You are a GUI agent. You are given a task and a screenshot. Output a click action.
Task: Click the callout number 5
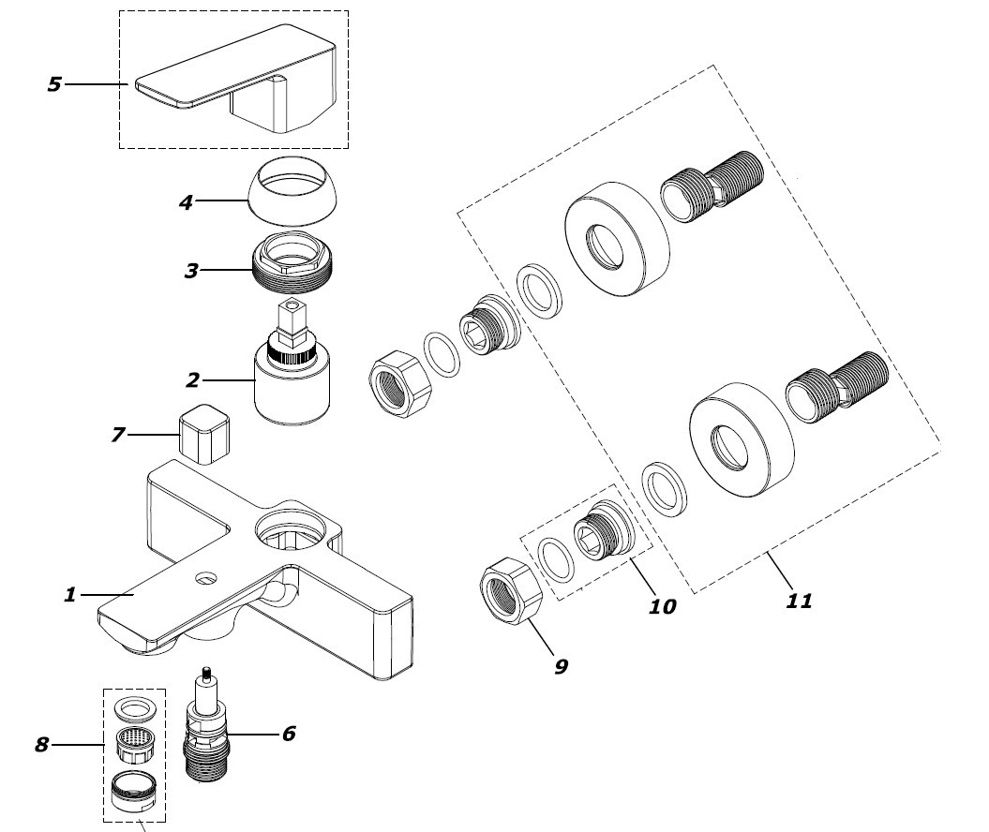(53, 84)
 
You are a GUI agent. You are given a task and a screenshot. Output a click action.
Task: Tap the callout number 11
(799, 600)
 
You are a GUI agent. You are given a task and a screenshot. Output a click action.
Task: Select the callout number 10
(662, 606)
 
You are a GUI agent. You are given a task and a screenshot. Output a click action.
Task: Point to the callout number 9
(561, 666)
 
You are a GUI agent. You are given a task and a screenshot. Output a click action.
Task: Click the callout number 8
(41, 746)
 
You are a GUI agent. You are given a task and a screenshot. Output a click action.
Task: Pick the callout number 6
(288, 733)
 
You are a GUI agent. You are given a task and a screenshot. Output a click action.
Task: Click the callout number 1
(69, 594)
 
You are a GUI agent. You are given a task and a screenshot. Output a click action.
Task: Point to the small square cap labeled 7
(206, 433)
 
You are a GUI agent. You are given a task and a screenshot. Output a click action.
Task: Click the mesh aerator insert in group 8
(133, 745)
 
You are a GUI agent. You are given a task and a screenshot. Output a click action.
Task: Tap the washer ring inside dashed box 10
(560, 559)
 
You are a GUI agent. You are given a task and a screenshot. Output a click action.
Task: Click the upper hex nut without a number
(397, 384)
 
